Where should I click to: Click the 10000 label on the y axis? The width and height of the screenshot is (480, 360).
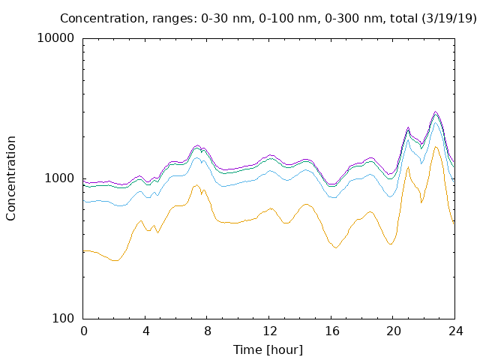tap(55, 38)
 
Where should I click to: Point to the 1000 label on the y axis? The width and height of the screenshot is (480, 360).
tap(59, 178)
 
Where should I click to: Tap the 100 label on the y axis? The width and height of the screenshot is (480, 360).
tap(63, 318)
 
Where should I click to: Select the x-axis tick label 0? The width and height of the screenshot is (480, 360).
tap(83, 331)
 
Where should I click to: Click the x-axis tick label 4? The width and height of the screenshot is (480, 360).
tap(145, 331)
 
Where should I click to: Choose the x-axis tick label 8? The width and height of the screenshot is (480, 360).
tap(208, 331)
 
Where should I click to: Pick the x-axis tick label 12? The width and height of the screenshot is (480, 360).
tap(270, 331)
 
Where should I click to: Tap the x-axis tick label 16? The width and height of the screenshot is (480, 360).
tap(331, 331)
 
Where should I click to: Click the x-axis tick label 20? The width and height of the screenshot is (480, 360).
tap(394, 331)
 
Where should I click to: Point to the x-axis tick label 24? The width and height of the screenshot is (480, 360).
tap(455, 331)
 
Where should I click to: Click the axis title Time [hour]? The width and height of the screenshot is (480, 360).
tap(268, 350)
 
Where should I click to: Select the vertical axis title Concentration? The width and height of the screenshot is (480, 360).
tap(10, 178)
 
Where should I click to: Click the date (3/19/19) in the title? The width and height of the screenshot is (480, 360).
tap(449, 19)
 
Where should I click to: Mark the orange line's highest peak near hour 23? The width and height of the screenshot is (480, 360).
tap(436, 147)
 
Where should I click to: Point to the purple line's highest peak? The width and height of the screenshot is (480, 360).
tap(435, 112)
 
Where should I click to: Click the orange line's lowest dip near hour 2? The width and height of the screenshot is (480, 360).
tap(115, 261)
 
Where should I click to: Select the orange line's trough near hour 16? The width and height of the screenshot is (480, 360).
tap(336, 248)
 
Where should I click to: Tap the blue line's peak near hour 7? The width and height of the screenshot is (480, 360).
tap(196, 157)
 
